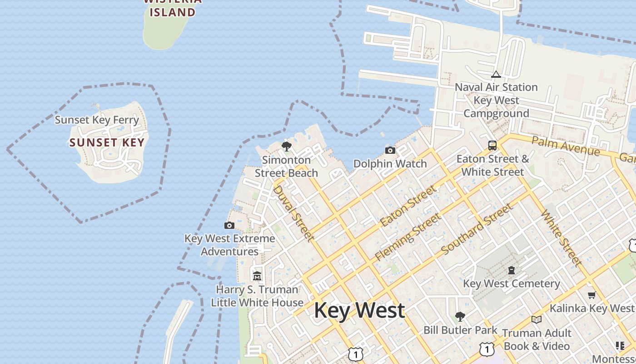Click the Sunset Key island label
pos(107,142)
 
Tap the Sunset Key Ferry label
pos(97,120)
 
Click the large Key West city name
pos(359,310)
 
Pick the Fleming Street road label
pos(407,237)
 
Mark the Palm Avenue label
pos(566,146)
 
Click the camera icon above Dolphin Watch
pos(390,150)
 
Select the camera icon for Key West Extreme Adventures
pos(229,225)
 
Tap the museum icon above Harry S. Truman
pos(257,276)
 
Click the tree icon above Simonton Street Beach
pos(286,146)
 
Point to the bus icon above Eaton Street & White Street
pos(492,146)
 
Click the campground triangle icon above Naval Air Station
pos(496,74)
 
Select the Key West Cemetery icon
pos(512,270)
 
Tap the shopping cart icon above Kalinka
pos(591,295)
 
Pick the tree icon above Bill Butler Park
pos(460,316)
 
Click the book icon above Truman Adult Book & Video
pos(537,319)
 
